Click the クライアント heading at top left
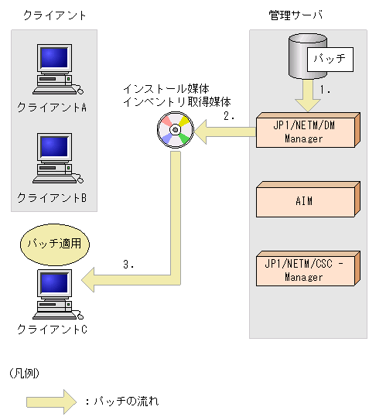coord(54,15)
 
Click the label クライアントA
coord(52,108)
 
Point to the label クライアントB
coord(52,197)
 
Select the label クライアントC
coord(52,330)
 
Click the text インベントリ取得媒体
coord(183,101)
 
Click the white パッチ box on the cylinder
coord(330,58)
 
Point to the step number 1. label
coord(326,91)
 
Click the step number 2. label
coord(228,117)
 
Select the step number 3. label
coord(129,264)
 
